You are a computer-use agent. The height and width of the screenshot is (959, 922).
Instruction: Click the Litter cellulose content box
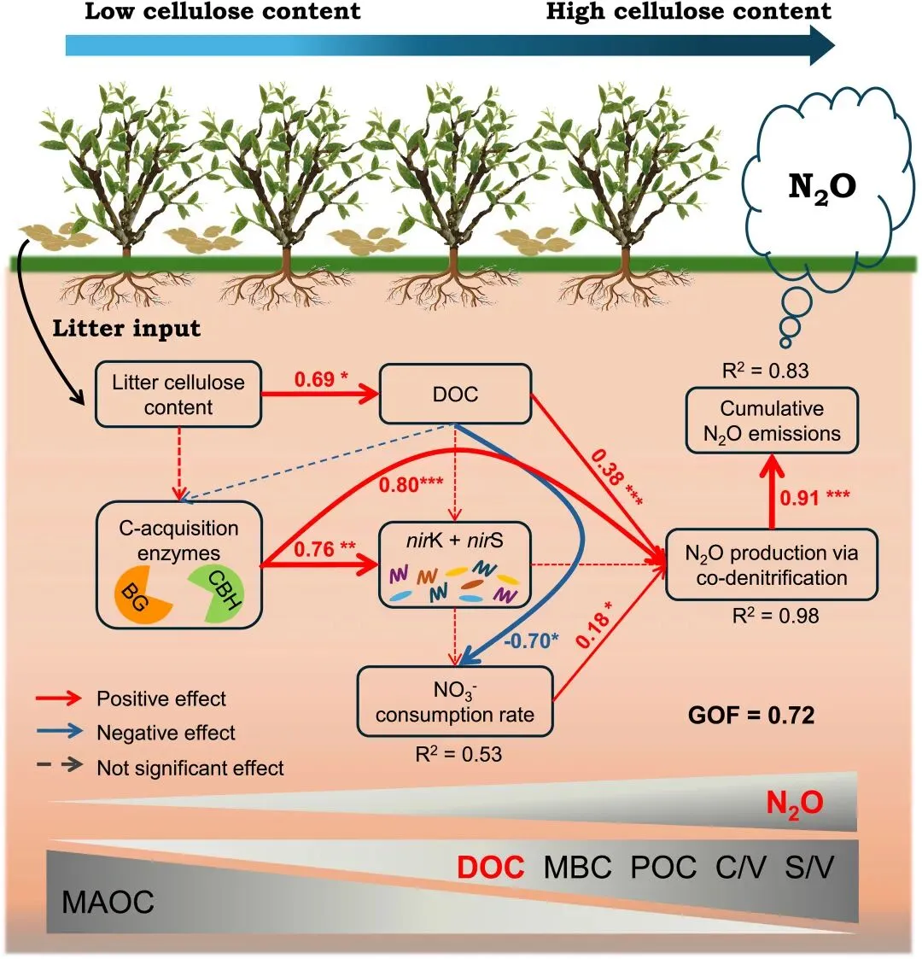[x=178, y=395]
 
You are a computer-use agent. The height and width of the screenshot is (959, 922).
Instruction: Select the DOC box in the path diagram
[x=456, y=395]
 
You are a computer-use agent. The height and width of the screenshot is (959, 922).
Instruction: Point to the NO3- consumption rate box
[x=455, y=701]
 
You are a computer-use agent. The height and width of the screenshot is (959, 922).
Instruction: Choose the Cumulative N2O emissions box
[x=772, y=421]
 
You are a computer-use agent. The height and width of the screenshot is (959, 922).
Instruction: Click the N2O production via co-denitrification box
[x=771, y=564]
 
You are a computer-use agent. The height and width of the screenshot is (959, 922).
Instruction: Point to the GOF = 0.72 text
[x=751, y=715]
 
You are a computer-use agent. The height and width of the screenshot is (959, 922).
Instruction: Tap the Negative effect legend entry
[x=166, y=733]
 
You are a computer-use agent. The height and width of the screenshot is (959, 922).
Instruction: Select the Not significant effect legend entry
[x=190, y=768]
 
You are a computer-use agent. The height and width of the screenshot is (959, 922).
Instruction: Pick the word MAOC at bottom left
[x=108, y=903]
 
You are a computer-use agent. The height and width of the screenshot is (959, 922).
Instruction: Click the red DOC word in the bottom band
[x=491, y=868]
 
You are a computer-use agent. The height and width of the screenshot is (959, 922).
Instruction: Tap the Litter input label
[x=127, y=329]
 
